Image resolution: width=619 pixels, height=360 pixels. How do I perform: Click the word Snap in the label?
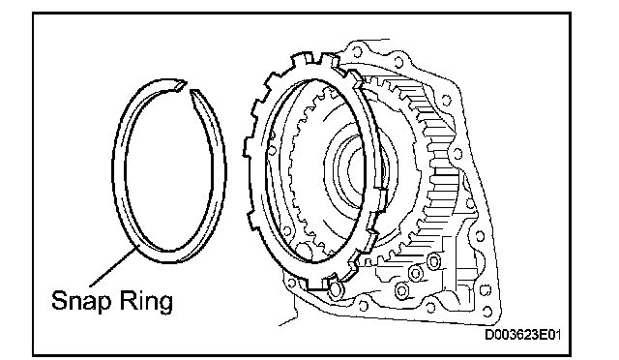81,301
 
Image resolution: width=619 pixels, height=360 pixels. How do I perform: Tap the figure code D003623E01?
522,335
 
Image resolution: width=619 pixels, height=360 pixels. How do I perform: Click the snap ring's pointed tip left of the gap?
185,83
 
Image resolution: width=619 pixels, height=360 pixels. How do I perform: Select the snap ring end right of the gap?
193,92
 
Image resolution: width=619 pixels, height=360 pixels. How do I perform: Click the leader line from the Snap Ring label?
113,266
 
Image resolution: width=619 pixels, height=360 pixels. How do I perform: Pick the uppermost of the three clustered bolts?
433,261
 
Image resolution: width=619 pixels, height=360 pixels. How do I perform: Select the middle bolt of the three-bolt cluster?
416,272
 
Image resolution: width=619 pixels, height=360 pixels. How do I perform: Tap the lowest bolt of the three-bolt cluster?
401,291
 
